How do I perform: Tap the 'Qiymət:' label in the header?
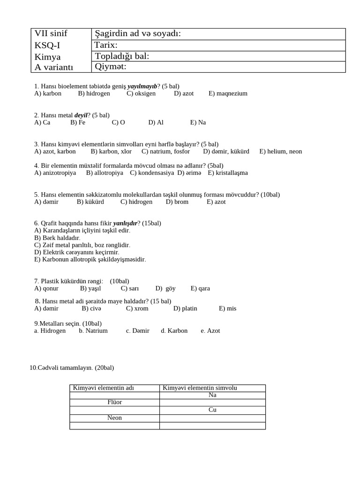point(111,67)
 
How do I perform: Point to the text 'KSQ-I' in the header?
point(47,45)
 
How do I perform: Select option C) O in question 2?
point(118,122)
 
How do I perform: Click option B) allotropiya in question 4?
point(105,172)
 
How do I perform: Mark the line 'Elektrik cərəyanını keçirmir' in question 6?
point(77,252)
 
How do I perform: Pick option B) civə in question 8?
point(91,308)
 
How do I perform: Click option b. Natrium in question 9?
point(93,330)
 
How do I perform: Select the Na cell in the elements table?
point(212,395)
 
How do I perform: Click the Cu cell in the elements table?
point(212,410)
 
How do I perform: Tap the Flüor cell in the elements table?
point(114,402)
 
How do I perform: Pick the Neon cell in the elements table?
point(114,418)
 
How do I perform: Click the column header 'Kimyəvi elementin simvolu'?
point(200,388)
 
